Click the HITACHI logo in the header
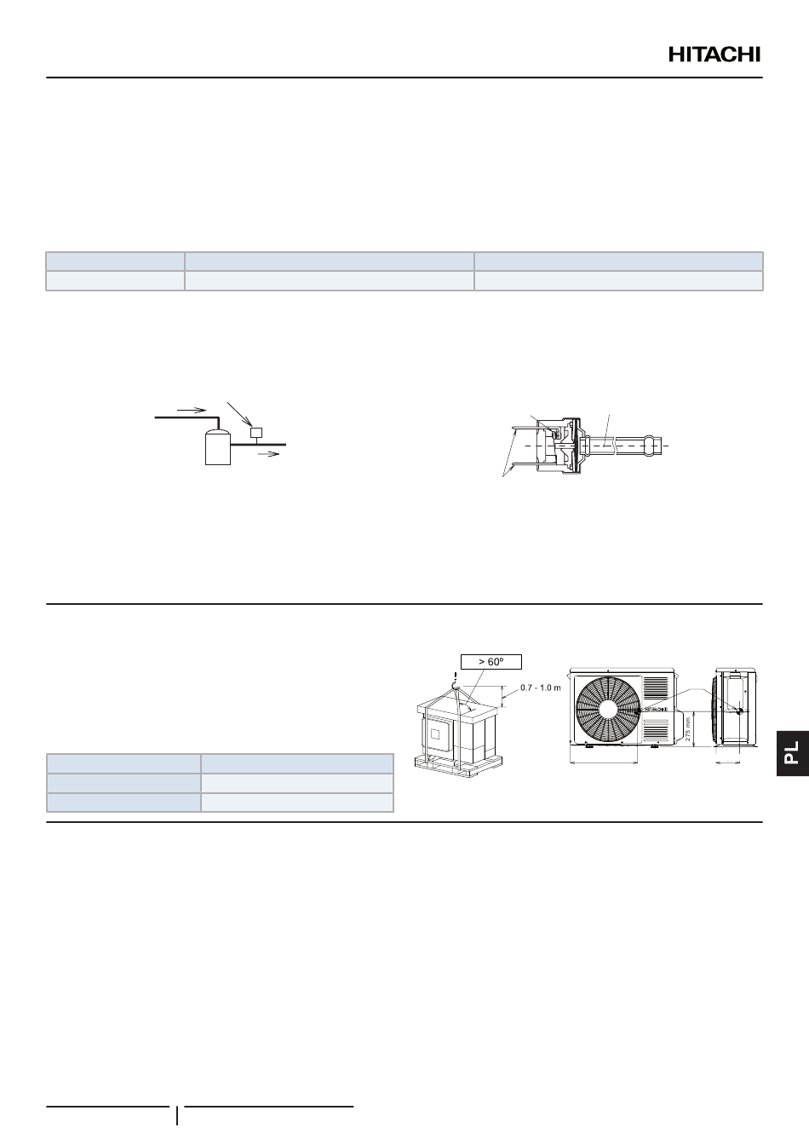pyautogui.click(x=714, y=55)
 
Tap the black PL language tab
pyautogui.click(x=793, y=753)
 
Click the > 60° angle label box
pyautogui.click(x=491, y=661)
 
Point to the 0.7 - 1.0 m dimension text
pyautogui.click(x=540, y=688)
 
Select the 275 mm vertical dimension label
pyautogui.click(x=688, y=729)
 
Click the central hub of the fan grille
pyautogui.click(x=608, y=711)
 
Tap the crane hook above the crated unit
pyautogui.click(x=455, y=686)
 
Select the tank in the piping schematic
pyautogui.click(x=218, y=447)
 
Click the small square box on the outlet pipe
pyautogui.click(x=256, y=433)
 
